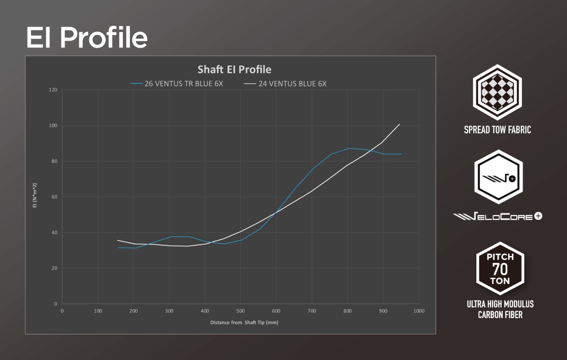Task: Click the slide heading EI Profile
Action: (87, 37)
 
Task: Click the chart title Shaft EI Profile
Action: (234, 70)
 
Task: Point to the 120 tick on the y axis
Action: (53, 90)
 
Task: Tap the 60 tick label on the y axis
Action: (54, 197)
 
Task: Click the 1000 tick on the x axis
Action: (419, 311)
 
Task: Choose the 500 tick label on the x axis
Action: (241, 311)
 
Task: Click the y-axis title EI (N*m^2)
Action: (35, 195)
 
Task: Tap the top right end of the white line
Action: (400, 124)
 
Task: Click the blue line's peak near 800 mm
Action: (348, 148)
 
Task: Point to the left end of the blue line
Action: (118, 248)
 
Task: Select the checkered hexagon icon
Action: (497, 92)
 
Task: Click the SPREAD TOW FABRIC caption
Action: (497, 130)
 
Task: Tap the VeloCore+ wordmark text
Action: (497, 216)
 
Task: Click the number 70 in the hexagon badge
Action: (500, 269)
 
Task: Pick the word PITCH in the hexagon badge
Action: (500, 257)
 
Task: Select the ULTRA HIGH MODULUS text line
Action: (500, 304)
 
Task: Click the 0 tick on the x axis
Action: (62, 311)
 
